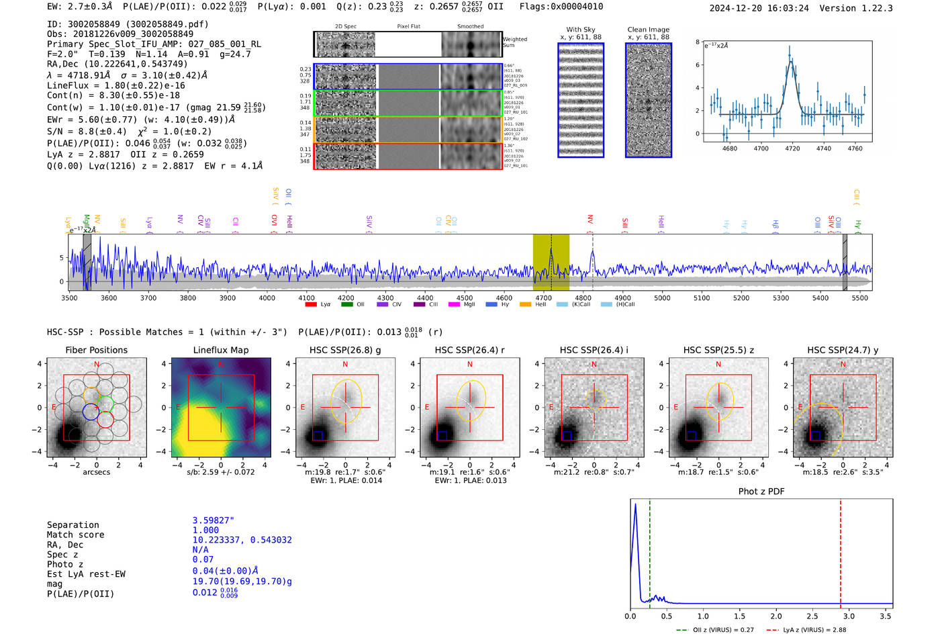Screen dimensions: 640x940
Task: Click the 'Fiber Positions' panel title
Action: (x=96, y=350)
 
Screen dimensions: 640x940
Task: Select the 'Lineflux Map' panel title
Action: (x=220, y=350)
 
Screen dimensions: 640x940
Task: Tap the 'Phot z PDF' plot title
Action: (x=761, y=491)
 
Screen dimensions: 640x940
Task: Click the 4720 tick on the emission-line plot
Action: (x=792, y=148)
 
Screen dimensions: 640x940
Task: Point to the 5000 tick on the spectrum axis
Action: (x=662, y=298)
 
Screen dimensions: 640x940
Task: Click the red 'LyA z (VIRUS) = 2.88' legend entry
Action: (x=806, y=630)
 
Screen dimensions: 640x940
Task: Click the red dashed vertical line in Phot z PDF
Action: (x=841, y=551)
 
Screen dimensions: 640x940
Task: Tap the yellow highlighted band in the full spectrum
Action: (x=551, y=262)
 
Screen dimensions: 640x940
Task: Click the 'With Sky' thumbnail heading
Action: (x=580, y=30)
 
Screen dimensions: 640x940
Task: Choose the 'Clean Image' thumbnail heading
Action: (x=648, y=30)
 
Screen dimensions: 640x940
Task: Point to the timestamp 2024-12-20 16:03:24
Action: (x=759, y=8)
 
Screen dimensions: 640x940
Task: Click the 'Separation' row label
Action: (x=73, y=525)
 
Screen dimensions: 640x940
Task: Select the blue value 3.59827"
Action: (x=213, y=520)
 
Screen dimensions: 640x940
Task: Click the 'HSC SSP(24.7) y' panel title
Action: (x=842, y=350)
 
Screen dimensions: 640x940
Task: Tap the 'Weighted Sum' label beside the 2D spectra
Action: (x=514, y=42)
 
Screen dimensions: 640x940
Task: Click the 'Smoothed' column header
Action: (x=470, y=27)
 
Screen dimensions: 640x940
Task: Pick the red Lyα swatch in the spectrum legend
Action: (x=311, y=305)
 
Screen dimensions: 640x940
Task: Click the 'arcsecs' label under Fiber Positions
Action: (x=96, y=472)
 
